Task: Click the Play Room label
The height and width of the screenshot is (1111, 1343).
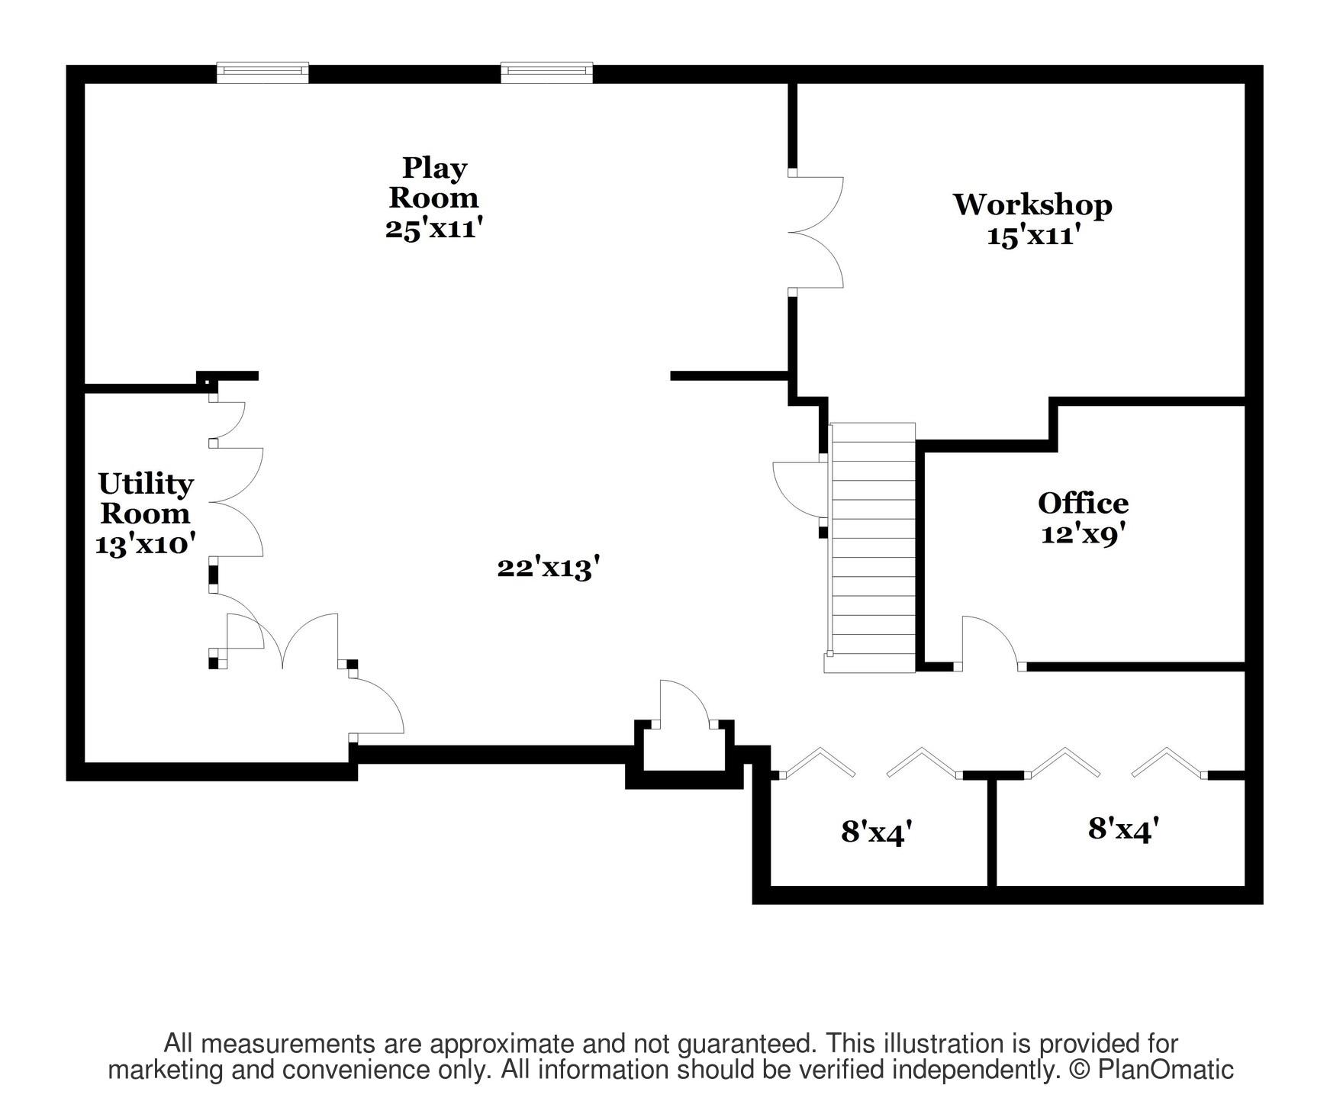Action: (433, 182)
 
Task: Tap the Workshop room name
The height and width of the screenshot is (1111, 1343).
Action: (1032, 204)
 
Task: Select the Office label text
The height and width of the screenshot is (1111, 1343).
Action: (1083, 503)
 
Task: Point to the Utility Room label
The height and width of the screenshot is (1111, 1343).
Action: (145, 498)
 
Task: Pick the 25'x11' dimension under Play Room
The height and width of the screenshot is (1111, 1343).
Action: (434, 228)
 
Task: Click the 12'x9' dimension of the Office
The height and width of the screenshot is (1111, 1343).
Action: (1083, 534)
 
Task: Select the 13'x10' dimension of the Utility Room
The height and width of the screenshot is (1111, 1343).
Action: (145, 545)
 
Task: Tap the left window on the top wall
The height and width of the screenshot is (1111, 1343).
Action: (262, 72)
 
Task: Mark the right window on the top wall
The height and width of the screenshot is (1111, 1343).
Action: (546, 72)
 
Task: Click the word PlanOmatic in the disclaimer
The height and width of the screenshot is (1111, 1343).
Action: (1165, 1070)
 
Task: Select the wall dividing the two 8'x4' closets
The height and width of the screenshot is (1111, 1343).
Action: (992, 831)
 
